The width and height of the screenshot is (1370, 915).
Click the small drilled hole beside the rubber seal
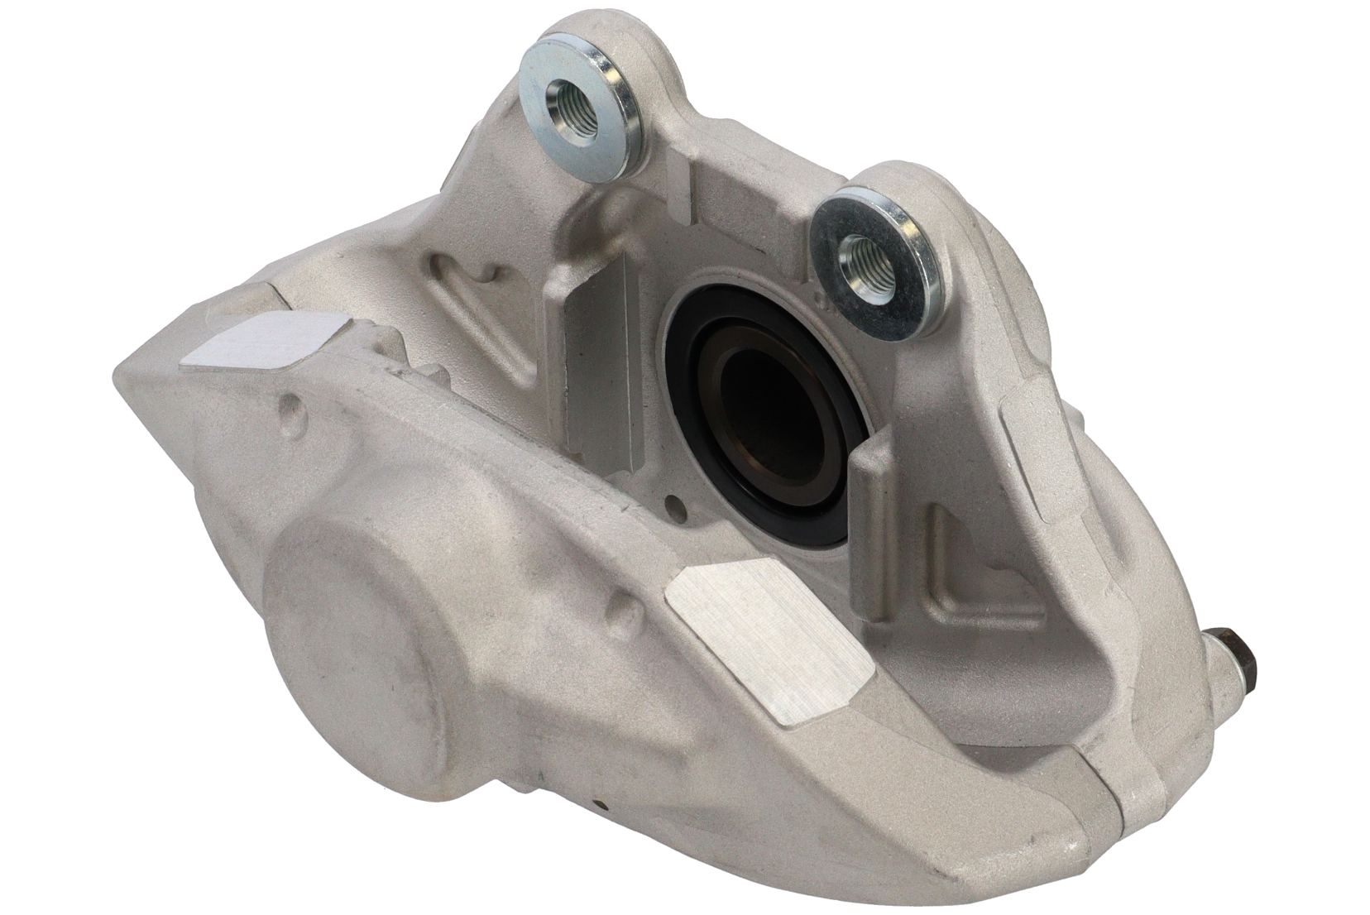coord(677,503)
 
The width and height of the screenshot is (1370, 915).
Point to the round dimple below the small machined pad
coord(291,406)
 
